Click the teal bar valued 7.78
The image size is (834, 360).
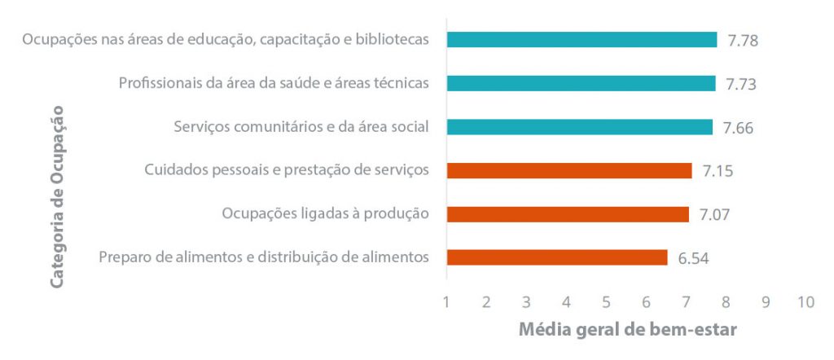pos(582,40)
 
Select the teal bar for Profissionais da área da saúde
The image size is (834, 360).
pos(581,83)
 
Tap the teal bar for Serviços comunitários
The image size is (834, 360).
pos(579,127)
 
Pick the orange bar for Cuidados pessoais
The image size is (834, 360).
pos(569,170)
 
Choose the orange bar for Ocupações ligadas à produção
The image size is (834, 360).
pos(568,214)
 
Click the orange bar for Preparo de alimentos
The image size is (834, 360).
pos(557,257)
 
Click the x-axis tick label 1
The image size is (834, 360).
pos(447,302)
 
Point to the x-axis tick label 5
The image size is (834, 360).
pos(607,302)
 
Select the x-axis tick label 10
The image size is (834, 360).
pos(805,302)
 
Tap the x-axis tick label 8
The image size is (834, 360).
pos(726,302)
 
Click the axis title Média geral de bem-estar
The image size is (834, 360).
pos(627,331)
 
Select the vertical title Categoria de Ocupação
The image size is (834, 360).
pos(57,195)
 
